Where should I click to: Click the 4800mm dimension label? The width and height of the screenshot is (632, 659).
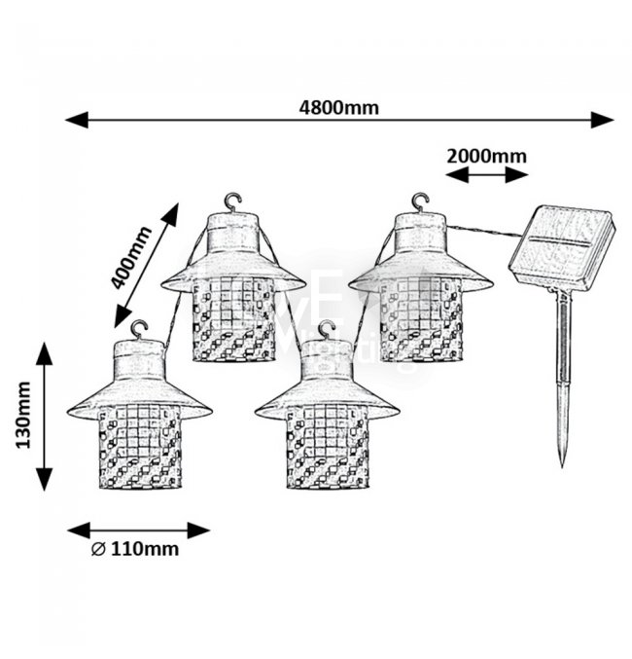pyautogui.click(x=338, y=106)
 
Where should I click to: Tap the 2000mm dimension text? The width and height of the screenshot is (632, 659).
pyautogui.click(x=486, y=156)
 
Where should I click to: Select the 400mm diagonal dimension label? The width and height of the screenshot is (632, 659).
pyautogui.click(x=132, y=257)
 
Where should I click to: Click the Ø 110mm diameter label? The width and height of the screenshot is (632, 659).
pyautogui.click(x=135, y=549)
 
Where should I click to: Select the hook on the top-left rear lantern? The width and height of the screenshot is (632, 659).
pyautogui.click(x=231, y=201)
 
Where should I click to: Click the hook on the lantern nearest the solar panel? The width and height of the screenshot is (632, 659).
pyautogui.click(x=420, y=201)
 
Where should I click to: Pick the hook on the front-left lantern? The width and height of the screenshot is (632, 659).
pyautogui.click(x=139, y=328)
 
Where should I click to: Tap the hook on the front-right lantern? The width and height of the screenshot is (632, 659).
pyautogui.click(x=327, y=328)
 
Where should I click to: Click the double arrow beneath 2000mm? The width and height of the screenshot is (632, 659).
pyautogui.click(x=486, y=175)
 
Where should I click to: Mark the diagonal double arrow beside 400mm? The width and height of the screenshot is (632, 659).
pyautogui.click(x=149, y=264)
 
